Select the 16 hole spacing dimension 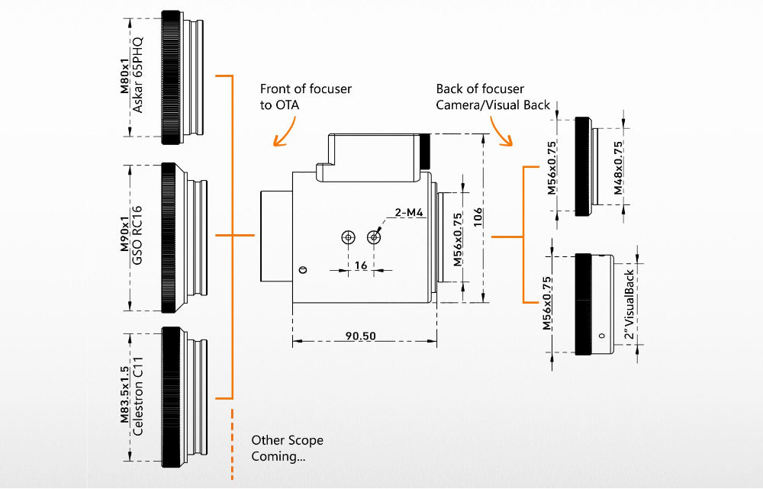click(361, 265)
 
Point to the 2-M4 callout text click(409, 213)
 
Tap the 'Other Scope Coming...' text click(287, 449)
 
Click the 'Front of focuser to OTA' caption click(305, 97)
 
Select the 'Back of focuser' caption click(480, 89)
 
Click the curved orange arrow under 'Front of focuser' click(284, 132)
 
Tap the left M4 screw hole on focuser click(348, 237)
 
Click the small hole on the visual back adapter click(602, 336)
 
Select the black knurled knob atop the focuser click(425, 151)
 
